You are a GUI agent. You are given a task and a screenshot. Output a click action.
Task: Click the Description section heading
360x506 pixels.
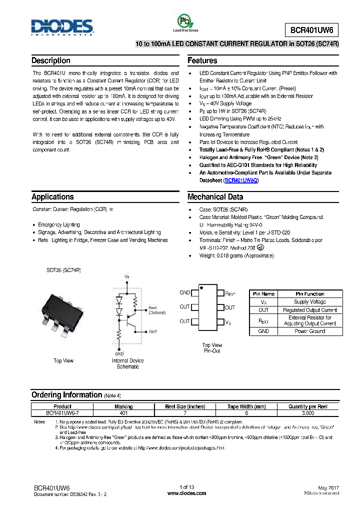[51, 60]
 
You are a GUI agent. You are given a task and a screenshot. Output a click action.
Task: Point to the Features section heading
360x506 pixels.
[202, 60]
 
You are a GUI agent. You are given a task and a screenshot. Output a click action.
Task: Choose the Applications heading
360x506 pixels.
[52, 197]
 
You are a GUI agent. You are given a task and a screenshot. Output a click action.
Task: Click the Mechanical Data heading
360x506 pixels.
[215, 197]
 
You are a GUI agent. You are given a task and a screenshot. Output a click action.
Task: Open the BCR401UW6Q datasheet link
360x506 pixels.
[241, 180]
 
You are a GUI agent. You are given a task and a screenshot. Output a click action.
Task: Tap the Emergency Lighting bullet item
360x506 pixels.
[58, 224]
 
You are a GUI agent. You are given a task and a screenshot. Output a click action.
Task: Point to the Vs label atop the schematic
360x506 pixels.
[126, 276]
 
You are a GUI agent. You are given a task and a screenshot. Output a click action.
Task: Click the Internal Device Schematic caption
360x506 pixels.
[127, 363]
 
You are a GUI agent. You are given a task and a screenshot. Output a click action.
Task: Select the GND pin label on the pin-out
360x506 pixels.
[184, 292]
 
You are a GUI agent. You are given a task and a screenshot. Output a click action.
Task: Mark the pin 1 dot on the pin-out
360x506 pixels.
[201, 288]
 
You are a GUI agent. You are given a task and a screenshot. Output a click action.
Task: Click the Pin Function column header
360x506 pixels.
[309, 294]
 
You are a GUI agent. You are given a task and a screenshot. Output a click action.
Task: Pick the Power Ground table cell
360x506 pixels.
[309, 331]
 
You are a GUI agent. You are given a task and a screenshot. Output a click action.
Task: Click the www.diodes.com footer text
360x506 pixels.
[186, 493]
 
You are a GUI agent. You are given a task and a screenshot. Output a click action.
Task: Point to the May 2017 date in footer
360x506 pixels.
[328, 487]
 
